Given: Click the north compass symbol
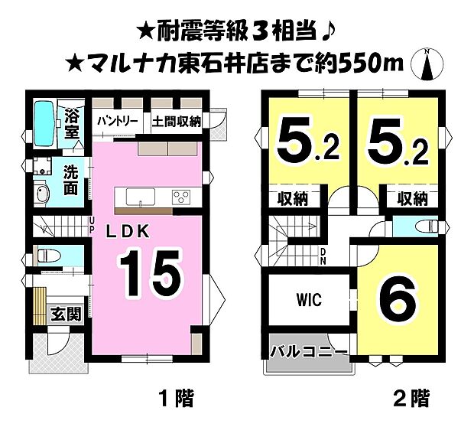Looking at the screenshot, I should click(x=427, y=64).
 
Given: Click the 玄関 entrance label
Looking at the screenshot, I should click(x=61, y=313).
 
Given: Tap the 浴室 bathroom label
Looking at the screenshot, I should click(x=73, y=124).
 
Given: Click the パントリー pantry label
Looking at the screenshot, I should click(x=116, y=121).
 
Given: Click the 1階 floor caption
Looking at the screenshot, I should click(x=175, y=399).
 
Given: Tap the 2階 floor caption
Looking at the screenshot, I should click(x=410, y=399).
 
